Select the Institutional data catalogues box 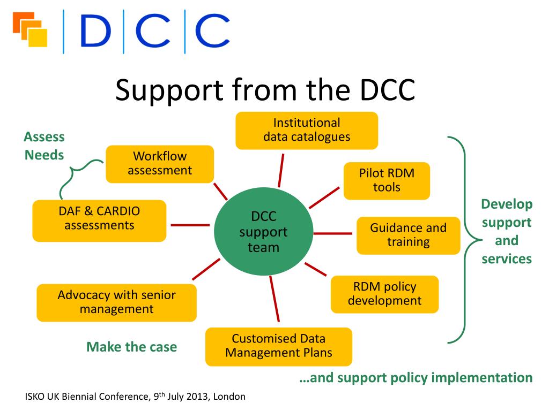tap(307, 130)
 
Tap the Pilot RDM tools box tap(387, 180)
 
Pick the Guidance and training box tap(408, 235)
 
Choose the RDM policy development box tap(384, 294)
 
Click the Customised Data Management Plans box tap(279, 346)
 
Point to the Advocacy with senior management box tap(116, 302)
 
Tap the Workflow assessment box tap(160, 164)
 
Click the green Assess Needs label tap(44, 146)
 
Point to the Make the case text tap(131, 347)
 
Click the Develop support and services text tap(507, 231)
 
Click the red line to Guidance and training tap(333, 234)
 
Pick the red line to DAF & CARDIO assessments tap(190, 225)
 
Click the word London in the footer tap(230, 397)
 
